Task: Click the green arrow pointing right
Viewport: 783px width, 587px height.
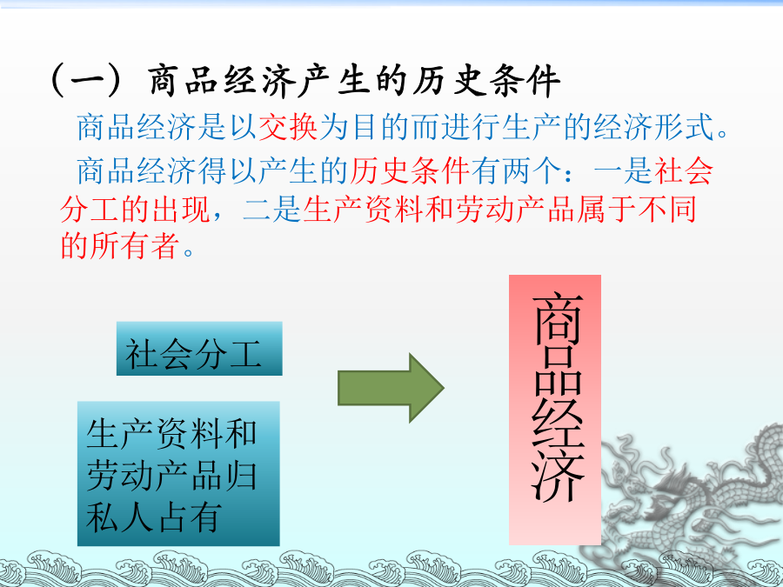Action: (391, 388)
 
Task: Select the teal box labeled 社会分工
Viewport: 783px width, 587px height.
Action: (199, 349)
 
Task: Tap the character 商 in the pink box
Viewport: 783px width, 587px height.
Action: (558, 320)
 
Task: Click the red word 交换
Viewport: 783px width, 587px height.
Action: (288, 127)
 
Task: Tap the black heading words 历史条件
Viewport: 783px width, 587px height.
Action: (485, 80)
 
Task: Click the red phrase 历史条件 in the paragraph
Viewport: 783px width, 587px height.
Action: (410, 170)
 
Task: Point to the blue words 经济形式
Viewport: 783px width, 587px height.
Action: (653, 127)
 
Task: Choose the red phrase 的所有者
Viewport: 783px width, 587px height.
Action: (120, 245)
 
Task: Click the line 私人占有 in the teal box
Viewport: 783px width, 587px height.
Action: (153, 517)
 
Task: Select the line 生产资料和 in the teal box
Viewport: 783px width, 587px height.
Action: (171, 433)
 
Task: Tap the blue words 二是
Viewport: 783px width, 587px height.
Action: (271, 209)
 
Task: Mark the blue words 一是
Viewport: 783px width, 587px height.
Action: (623, 170)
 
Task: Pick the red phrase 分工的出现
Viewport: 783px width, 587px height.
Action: (135, 209)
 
